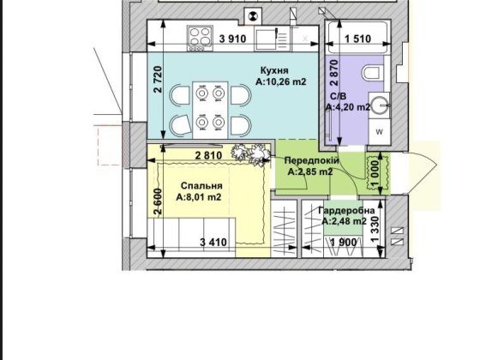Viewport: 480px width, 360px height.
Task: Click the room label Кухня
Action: click(x=274, y=70)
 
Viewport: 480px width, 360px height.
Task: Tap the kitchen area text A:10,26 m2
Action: click(x=281, y=81)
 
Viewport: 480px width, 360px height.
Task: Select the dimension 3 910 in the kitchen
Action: click(x=232, y=39)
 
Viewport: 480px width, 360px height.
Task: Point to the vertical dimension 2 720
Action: click(x=158, y=80)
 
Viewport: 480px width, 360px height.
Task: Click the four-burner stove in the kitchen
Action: click(x=201, y=38)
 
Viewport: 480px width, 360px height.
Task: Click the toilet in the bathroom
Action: click(x=374, y=72)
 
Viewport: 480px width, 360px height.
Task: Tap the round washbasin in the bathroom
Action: click(x=380, y=105)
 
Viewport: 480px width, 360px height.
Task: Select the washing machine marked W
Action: click(x=379, y=132)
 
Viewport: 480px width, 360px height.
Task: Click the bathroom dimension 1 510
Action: click(x=358, y=39)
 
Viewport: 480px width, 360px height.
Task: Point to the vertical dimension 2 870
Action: click(x=334, y=73)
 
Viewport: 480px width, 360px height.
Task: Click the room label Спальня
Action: click(x=201, y=186)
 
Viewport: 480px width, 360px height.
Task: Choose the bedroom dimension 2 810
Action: click(x=208, y=155)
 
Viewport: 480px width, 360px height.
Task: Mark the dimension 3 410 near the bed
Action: click(x=213, y=243)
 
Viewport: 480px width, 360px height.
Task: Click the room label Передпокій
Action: click(x=312, y=161)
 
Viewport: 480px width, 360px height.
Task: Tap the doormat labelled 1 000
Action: click(x=378, y=173)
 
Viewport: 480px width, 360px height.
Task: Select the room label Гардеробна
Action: click(x=346, y=211)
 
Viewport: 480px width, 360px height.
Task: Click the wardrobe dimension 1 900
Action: click(x=344, y=243)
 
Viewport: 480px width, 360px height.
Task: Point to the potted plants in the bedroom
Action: click(x=250, y=155)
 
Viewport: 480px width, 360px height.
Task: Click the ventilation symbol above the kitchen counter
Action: click(x=253, y=16)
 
